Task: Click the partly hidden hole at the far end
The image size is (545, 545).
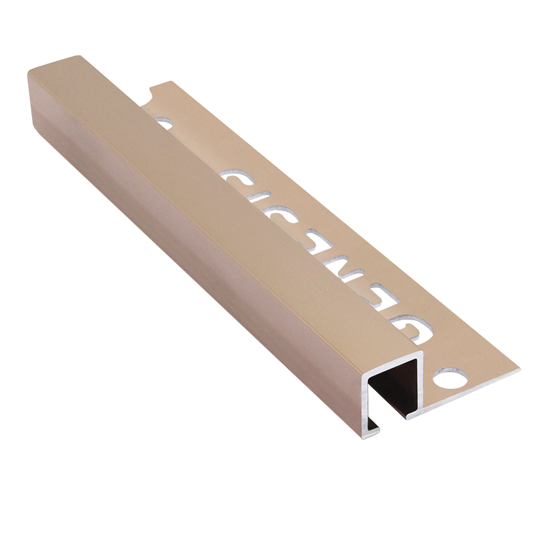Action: coord(164,123)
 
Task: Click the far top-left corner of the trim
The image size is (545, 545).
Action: coord(29,68)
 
